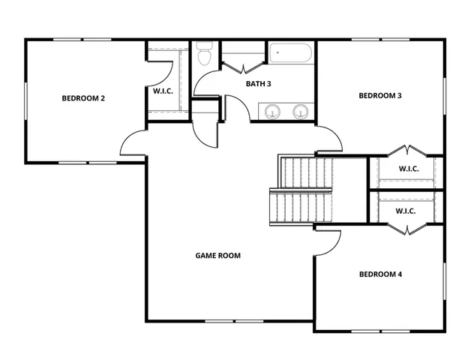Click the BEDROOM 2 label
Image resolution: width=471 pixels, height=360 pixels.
pos(82,97)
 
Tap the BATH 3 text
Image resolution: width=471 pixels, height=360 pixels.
pos(258,83)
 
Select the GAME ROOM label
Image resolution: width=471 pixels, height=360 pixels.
pos(217,256)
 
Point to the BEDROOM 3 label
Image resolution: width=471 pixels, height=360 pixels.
pos(380,95)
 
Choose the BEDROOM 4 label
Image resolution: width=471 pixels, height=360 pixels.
pos(380,274)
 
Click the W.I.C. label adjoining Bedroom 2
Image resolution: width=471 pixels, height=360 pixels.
pos(164,91)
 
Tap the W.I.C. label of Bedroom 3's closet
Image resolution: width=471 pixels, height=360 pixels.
pos(408,169)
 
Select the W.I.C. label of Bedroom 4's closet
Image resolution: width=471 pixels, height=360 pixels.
pos(405,211)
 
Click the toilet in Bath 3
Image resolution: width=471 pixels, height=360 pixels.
pos(205,56)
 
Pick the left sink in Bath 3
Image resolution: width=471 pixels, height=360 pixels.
pos(271,112)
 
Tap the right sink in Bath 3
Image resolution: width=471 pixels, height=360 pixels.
pos(301,112)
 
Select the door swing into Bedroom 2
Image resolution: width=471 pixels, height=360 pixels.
pos(133,142)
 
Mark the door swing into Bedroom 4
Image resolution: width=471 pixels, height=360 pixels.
pos(328,242)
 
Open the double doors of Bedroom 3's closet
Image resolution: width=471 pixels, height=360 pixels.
pos(406,150)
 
